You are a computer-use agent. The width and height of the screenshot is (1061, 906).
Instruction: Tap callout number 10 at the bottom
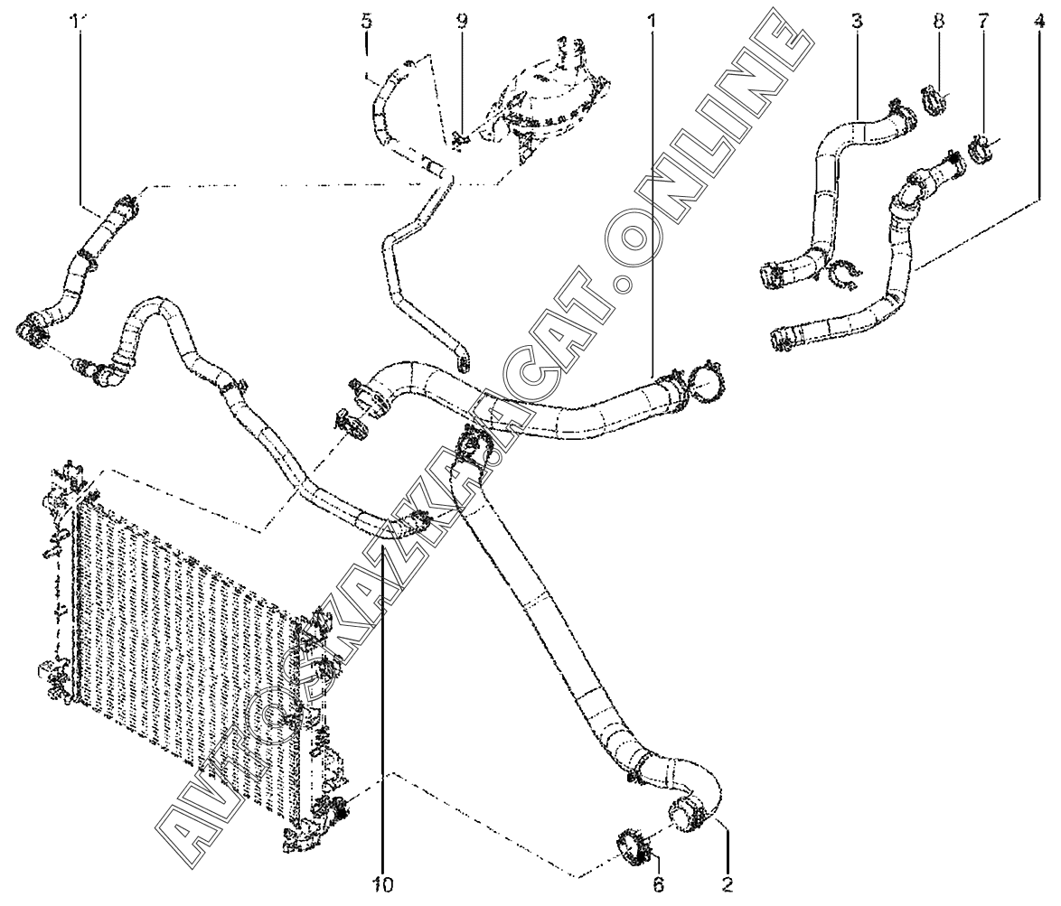[382, 883]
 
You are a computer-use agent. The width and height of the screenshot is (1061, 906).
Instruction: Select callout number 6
[659, 883]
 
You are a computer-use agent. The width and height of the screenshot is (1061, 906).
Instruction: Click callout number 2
[728, 883]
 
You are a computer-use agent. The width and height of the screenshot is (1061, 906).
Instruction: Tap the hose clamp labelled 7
[981, 148]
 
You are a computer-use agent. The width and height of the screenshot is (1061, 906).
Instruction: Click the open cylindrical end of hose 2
[685, 809]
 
